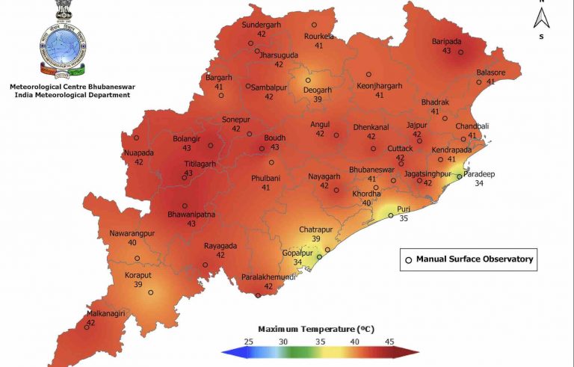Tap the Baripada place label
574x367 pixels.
click(446, 41)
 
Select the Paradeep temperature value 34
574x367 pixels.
click(475, 183)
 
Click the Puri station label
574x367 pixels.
click(404, 209)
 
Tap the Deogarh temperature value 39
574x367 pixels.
click(317, 99)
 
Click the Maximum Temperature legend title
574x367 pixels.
click(316, 329)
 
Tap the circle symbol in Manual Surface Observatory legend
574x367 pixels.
click(408, 260)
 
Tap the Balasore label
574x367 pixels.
click(491, 73)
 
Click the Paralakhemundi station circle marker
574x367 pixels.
click(259, 295)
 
